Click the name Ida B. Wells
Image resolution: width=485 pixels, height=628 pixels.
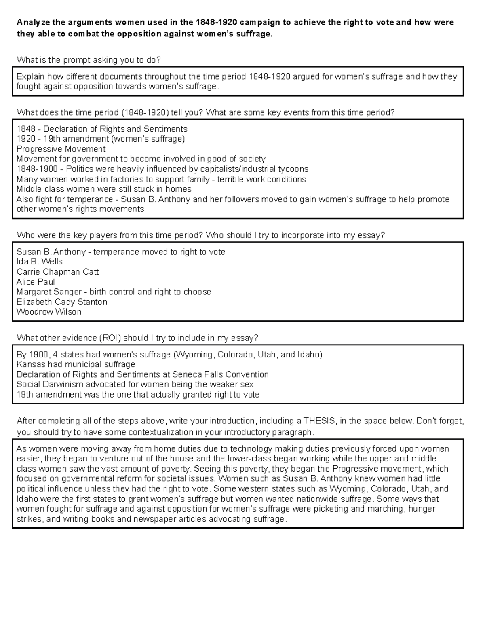39,262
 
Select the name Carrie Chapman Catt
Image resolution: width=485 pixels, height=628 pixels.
57,272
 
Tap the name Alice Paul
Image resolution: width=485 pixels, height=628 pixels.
36,282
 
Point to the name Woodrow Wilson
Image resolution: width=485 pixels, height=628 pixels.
49,312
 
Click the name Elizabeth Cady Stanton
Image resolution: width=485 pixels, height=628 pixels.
62,302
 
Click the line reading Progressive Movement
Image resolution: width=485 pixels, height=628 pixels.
61,149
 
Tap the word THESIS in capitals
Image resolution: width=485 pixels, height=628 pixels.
319,421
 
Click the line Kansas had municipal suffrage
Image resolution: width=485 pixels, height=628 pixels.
76,364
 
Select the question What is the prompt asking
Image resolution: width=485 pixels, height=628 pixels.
89,60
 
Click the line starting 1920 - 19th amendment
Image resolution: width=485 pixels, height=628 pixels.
100,139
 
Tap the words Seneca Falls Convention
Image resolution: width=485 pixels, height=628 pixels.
220,374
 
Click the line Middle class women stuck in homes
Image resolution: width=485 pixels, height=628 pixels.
104,189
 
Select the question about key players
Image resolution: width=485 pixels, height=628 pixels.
200,235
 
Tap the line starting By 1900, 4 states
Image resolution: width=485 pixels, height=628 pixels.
169,355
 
